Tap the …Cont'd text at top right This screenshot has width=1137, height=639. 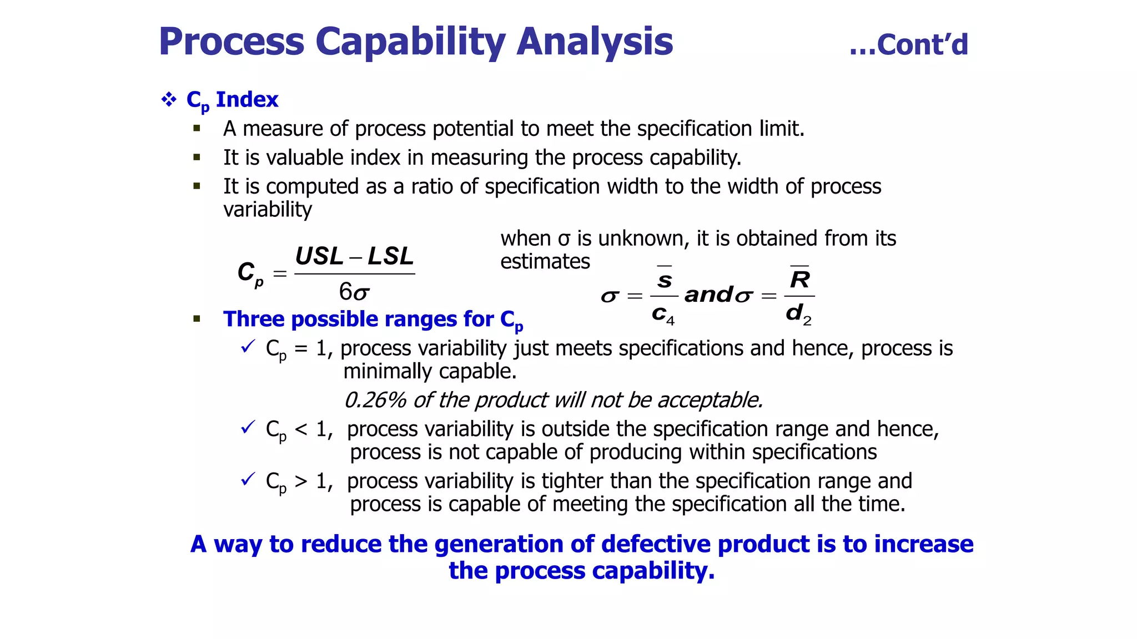pos(909,45)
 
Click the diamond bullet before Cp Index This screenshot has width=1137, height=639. pos(168,100)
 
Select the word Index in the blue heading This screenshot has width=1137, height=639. pos(246,100)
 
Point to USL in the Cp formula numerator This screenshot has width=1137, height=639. pos(319,256)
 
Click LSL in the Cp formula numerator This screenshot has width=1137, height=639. pos(391,256)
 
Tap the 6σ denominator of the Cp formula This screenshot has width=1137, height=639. pos(354,292)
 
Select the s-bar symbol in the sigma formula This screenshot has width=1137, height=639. pos(665,278)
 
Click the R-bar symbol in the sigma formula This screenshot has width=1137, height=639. pos(799,278)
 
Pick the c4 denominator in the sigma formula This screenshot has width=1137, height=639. pos(663,315)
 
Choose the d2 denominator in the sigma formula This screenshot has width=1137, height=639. pos(798,314)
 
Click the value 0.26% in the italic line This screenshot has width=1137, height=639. pos(375,400)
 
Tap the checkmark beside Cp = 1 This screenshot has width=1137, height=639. pos(248,347)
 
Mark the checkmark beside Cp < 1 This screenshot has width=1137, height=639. pos(248,428)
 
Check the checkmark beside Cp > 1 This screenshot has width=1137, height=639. pos(248,479)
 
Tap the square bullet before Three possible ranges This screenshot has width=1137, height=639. pos(197,319)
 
